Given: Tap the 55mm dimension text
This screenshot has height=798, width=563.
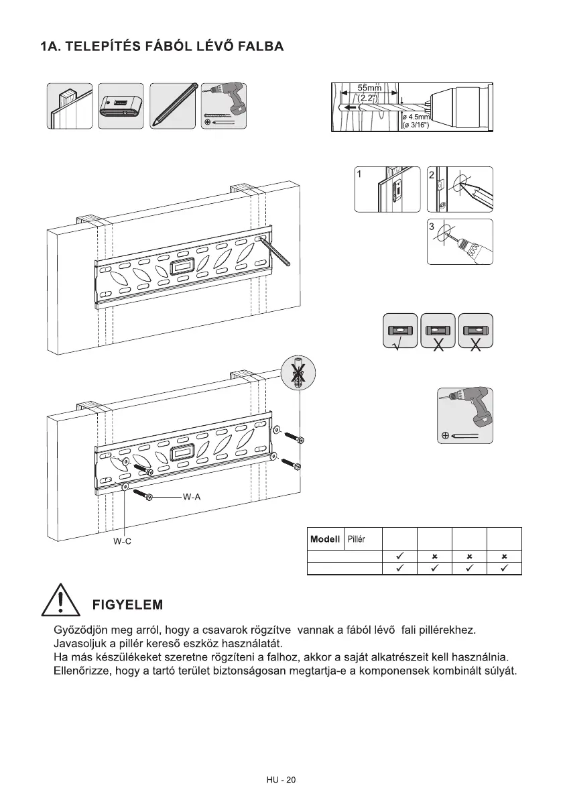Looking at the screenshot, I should pos(369,88).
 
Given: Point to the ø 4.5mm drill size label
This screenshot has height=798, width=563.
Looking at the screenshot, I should pos(415,117).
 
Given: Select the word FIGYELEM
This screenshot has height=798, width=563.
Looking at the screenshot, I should pos(127,604).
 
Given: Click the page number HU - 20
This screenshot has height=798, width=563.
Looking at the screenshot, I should pos(281,780).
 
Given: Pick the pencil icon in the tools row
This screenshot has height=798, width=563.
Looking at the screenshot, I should pos(173,106).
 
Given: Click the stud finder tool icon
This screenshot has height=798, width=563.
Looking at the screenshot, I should pos(121,106).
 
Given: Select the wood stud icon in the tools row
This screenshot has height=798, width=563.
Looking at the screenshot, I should pos(69,106).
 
